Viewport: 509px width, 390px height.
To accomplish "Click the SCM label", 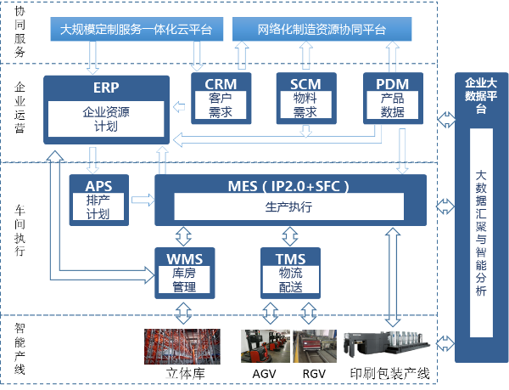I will click(x=305, y=83).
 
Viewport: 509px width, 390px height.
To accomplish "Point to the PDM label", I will click(x=392, y=83).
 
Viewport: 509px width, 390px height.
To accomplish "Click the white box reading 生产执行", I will click(x=290, y=207).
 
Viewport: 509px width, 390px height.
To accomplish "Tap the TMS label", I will click(x=289, y=257).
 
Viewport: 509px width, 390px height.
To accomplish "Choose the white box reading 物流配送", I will click(x=289, y=280).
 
